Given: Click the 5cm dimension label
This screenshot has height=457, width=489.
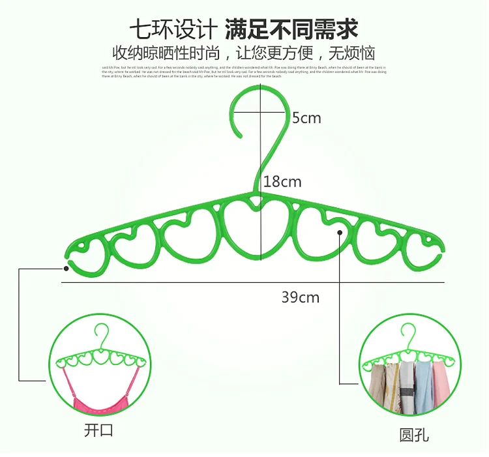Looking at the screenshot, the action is pyautogui.click(x=306, y=118).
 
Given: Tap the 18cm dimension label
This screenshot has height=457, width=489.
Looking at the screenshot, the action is pyautogui.click(x=282, y=181).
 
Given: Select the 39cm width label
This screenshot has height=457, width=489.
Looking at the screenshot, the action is pyautogui.click(x=301, y=297).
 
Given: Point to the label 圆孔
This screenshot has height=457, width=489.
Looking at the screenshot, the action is pyautogui.click(x=415, y=434).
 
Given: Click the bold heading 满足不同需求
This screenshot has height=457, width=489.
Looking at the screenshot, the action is pyautogui.click(x=292, y=29).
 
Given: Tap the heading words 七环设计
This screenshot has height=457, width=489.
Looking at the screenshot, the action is pyautogui.click(x=173, y=29).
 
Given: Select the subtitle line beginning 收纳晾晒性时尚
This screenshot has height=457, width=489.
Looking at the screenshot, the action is pyautogui.click(x=244, y=53).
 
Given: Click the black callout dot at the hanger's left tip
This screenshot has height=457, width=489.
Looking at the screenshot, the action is pyautogui.click(x=67, y=267).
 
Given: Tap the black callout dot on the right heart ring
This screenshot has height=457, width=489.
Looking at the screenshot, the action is pyautogui.click(x=340, y=231).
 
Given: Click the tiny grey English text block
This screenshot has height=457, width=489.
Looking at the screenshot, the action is pyautogui.click(x=244, y=72).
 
